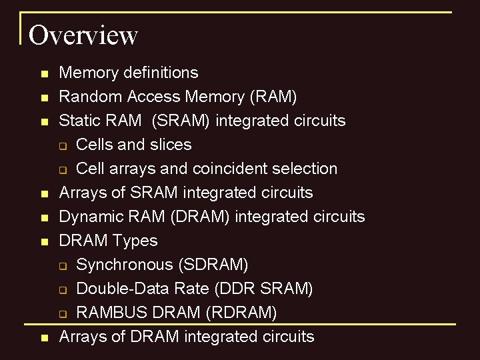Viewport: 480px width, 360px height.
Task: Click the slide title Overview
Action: click(83, 35)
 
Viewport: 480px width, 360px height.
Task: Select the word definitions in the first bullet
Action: click(161, 73)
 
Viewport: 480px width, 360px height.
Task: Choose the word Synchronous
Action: click(125, 265)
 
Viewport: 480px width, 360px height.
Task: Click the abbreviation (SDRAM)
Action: click(213, 265)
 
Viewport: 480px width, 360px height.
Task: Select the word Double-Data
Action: click(119, 289)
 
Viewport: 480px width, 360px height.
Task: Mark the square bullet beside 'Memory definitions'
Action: click(44, 73)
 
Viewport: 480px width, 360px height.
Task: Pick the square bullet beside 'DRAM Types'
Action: click(44, 241)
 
